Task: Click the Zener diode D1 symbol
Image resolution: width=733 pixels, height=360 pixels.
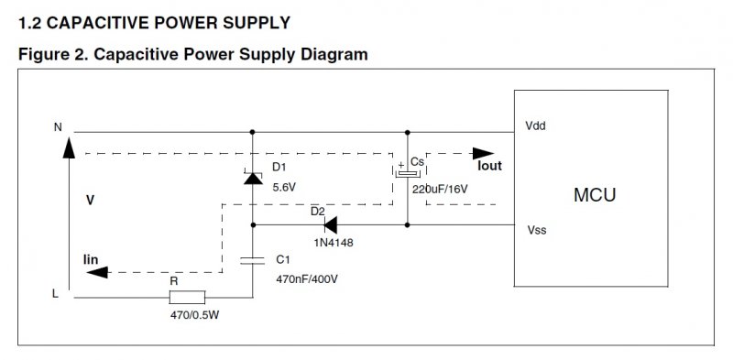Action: click(x=253, y=177)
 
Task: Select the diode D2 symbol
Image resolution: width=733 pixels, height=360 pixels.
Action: click(x=330, y=224)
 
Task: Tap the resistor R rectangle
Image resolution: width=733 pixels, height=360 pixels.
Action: click(x=187, y=297)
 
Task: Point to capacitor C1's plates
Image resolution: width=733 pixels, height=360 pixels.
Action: click(x=253, y=260)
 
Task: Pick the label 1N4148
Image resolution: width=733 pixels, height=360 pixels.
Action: click(x=334, y=243)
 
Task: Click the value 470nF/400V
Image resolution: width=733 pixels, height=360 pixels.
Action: click(x=307, y=279)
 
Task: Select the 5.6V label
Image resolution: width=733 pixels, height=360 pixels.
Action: click(x=284, y=188)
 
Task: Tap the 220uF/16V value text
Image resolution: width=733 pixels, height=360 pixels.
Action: click(x=440, y=190)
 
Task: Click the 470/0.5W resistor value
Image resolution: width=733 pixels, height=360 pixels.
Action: click(x=194, y=315)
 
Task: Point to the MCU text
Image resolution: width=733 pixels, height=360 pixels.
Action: click(x=595, y=194)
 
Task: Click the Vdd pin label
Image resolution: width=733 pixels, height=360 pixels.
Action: click(x=535, y=125)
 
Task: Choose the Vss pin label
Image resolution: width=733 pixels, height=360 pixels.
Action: click(x=537, y=230)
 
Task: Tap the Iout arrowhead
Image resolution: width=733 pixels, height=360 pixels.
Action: click(x=484, y=153)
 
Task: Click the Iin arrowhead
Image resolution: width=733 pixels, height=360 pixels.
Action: click(x=97, y=272)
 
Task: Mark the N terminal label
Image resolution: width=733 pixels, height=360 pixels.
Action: click(x=58, y=126)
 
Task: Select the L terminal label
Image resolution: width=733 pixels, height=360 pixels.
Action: click(x=55, y=295)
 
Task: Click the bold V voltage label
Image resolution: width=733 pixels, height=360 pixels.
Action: click(x=90, y=200)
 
